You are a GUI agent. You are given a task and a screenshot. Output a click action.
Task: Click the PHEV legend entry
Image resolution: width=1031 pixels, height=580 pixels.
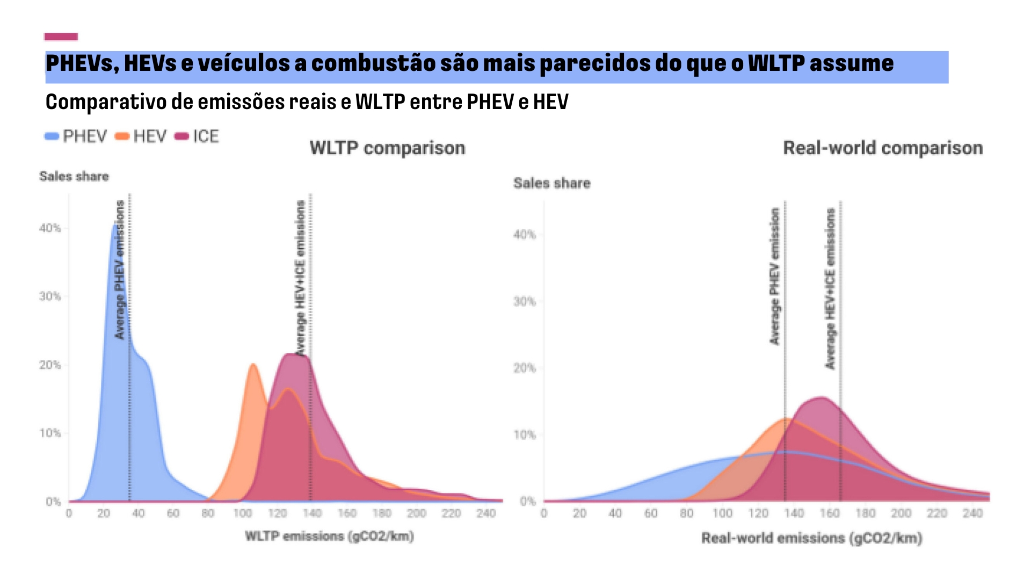point(76,136)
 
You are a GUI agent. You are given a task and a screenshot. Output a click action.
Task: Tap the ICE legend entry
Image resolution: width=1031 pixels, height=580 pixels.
point(198,136)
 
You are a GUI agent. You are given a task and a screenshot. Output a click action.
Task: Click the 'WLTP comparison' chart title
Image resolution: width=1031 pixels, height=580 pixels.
point(387,148)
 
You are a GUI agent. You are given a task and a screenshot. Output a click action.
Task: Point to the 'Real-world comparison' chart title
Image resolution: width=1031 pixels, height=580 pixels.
point(882,148)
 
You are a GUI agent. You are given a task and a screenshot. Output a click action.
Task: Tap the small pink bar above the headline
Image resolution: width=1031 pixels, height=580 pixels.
point(61,37)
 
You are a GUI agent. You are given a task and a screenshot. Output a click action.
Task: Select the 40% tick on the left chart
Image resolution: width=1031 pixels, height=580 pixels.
point(50,228)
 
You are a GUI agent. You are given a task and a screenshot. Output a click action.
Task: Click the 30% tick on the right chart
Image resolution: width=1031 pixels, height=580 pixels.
point(525,302)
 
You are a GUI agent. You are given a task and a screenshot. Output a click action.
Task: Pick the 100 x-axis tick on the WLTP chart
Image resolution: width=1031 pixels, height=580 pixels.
point(242,513)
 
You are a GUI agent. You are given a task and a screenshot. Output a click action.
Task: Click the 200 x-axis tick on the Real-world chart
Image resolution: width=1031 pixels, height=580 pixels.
point(901,513)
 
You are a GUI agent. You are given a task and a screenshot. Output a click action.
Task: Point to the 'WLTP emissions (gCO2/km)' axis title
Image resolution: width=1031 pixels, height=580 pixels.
point(329,536)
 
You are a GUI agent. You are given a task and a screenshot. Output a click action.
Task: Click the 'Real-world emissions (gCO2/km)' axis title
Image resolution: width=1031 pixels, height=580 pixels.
point(811,538)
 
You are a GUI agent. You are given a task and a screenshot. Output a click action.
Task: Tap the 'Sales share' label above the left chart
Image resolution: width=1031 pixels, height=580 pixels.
point(74,176)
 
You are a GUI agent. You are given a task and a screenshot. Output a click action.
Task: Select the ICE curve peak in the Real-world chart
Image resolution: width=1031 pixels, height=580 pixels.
point(822,398)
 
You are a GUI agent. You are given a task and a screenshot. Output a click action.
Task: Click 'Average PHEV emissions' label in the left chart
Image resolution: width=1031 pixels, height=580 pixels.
point(120,270)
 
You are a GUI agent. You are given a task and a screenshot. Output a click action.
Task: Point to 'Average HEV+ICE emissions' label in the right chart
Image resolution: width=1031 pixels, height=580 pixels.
point(830,289)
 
